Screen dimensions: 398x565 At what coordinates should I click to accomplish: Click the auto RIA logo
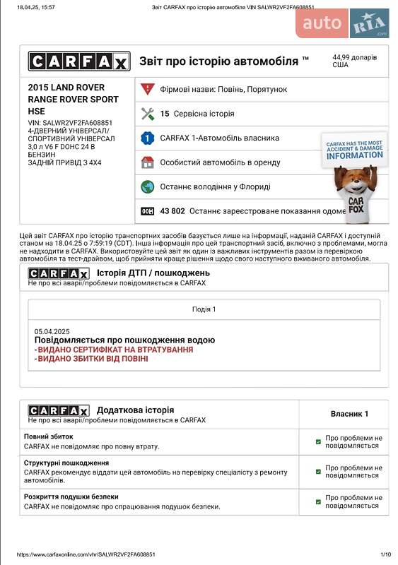[343, 23]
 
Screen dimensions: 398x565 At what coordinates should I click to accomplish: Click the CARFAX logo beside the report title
[78, 61]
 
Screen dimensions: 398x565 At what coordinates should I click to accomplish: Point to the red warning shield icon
[148, 89]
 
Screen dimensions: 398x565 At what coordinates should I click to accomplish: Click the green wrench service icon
[148, 113]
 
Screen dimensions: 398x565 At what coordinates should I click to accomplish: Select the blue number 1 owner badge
[148, 138]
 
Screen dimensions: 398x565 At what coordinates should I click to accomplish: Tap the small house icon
[148, 162]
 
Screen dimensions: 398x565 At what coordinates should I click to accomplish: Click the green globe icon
[148, 186]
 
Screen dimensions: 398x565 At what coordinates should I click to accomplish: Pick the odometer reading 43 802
[172, 210]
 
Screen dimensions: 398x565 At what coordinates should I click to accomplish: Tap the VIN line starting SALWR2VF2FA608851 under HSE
[70, 123]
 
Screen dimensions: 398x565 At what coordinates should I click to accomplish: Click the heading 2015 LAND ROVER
[66, 88]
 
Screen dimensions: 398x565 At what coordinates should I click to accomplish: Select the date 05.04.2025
[52, 331]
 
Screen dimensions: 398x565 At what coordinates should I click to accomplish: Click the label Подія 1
[204, 309]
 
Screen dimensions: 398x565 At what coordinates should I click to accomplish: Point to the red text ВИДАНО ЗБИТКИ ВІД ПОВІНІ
[93, 359]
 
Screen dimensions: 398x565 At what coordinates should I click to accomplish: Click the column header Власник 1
[349, 414]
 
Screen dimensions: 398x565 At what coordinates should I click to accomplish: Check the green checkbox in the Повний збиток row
[319, 442]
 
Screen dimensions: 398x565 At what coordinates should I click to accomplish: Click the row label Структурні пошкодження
[66, 463]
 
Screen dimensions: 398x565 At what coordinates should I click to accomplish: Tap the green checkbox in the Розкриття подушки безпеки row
[319, 501]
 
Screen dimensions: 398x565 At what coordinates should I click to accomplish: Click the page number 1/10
[386, 555]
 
